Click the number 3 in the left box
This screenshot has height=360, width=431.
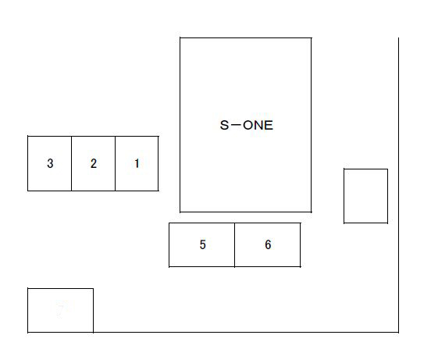pos(50,163)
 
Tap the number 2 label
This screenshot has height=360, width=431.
pos(94,163)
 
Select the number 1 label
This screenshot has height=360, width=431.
pos(137,163)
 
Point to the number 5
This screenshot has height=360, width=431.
pos(202,244)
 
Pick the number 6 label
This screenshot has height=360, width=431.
pos(268,244)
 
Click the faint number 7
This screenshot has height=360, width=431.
pos(60,311)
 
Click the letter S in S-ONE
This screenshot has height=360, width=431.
pos(224,125)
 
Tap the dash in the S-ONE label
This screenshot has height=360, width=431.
pos(236,125)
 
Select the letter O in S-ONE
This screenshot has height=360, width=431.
pos(248,125)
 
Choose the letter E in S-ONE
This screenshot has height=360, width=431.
pos(269,125)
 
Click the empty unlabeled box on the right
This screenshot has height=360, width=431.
pos(365,196)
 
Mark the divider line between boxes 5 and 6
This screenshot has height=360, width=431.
pos(235,245)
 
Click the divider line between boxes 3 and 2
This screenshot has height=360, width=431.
pos(72,163)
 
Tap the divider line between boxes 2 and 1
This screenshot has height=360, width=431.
pos(116,163)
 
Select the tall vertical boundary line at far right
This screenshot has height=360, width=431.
pos(398,185)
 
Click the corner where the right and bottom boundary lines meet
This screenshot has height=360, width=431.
pos(398,332)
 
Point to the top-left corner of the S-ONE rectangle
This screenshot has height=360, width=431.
pos(180,37)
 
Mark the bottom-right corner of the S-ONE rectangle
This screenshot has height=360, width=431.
pos(312,212)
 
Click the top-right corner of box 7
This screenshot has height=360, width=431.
pos(93,289)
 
